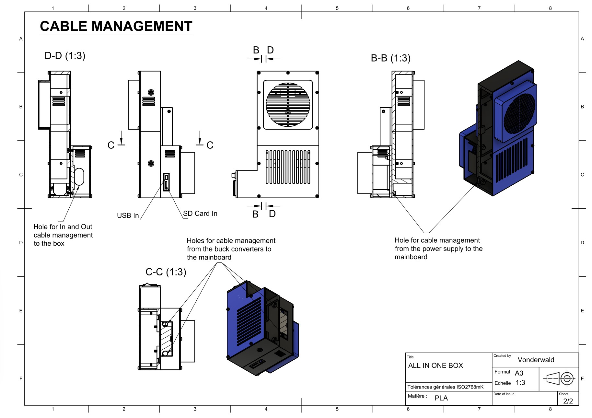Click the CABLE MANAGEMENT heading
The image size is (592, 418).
tap(116, 26)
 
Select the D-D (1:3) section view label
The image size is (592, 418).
tap(65, 56)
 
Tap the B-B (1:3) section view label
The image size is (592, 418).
tap(390, 58)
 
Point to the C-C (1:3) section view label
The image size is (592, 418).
tap(166, 272)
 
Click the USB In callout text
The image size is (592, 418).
tap(128, 215)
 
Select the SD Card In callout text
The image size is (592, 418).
tap(200, 214)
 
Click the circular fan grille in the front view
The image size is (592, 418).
tap(288, 105)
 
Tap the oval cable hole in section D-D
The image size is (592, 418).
tap(79, 177)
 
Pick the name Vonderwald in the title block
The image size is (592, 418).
tap(536, 360)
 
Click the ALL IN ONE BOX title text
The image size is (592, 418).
tap(435, 366)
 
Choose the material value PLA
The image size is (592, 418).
tap(441, 398)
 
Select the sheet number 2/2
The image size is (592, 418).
tap(568, 401)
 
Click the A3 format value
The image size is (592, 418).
tap(519, 373)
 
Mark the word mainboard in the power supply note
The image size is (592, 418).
tap(411, 257)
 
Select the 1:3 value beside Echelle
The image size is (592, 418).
tap(520, 383)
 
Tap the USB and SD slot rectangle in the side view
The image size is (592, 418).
tap(166, 182)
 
